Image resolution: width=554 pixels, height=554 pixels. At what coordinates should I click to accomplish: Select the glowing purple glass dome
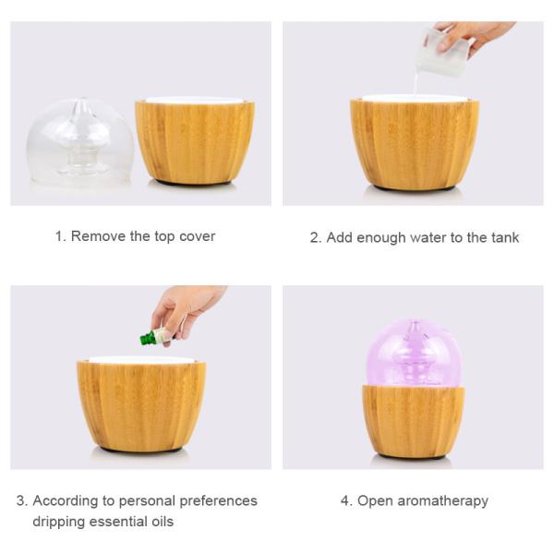[414, 352]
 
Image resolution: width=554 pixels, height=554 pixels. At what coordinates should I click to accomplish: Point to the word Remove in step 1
[99, 236]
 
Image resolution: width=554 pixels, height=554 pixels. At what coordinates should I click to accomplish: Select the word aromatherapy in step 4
[442, 501]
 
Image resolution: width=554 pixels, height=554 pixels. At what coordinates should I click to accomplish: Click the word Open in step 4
[375, 501]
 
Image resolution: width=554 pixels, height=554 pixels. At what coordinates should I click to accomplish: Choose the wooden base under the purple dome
[414, 420]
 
